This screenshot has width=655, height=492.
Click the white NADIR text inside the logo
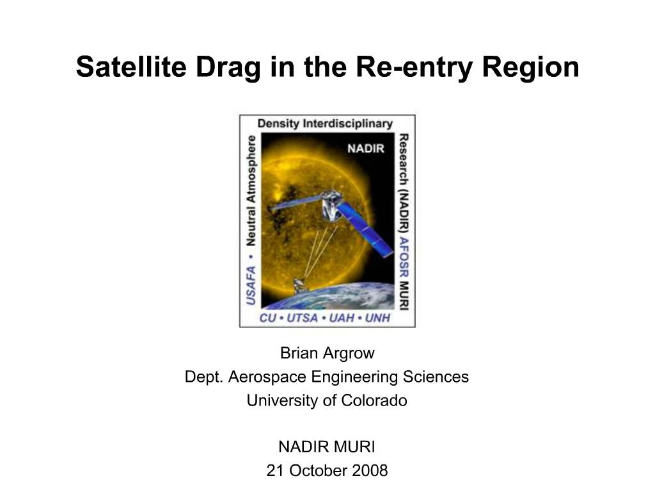365,149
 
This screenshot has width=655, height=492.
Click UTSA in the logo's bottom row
301,318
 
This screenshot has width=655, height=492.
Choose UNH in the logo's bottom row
377,318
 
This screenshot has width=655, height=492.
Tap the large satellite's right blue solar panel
364,229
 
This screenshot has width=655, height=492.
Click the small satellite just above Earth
299,285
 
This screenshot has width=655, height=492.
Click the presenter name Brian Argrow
327,353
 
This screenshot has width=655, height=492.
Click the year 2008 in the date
370,471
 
